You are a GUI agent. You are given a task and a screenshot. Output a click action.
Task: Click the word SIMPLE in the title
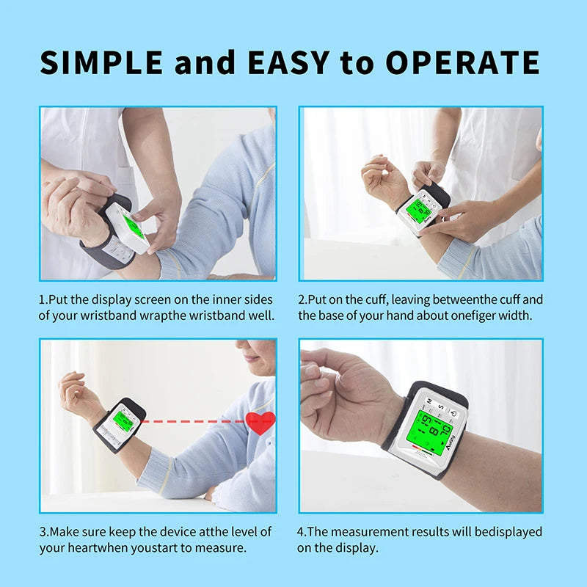101,62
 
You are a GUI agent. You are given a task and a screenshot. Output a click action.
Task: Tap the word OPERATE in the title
463,62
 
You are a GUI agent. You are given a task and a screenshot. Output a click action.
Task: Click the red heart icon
260,423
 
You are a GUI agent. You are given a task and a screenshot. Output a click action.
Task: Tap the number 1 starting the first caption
43,300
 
